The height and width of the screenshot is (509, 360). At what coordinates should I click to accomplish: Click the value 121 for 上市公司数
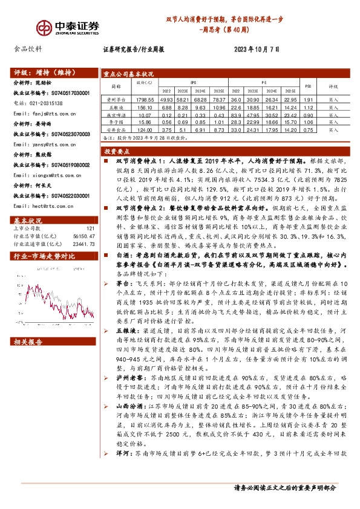[x=91, y=229]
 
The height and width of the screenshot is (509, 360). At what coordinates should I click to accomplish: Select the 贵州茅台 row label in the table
[x=115, y=99]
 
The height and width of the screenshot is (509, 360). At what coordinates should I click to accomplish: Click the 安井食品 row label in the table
[x=115, y=129]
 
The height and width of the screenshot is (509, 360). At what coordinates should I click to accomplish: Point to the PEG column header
[x=308, y=86]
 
